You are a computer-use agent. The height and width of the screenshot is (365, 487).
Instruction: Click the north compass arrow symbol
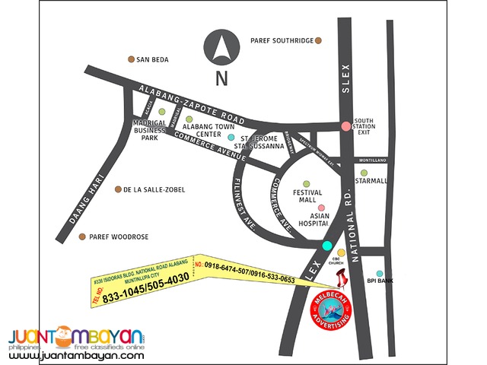point(221,48)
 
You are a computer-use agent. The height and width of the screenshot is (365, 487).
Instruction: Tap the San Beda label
point(153,59)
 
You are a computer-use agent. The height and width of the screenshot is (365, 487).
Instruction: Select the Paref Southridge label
point(282,40)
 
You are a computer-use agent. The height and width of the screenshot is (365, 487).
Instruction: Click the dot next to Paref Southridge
point(320,40)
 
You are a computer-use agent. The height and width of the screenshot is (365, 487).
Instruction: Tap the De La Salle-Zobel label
point(154,189)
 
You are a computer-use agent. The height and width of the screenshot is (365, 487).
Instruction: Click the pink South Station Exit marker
point(346,125)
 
